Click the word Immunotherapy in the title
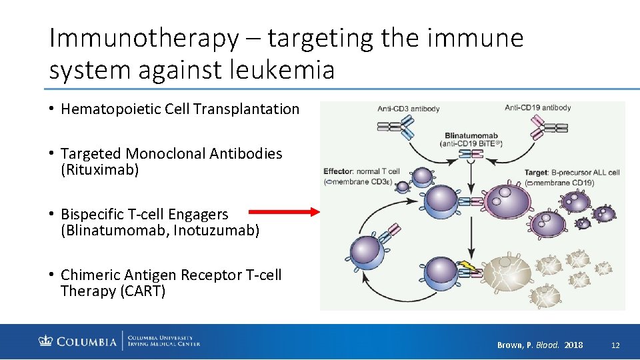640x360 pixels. (x=143, y=39)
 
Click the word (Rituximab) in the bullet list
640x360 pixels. (x=100, y=170)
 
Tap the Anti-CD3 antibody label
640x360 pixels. (x=408, y=109)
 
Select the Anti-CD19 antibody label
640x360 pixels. (x=537, y=107)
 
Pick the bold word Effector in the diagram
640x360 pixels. (x=338, y=171)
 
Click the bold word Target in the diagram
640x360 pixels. (x=535, y=173)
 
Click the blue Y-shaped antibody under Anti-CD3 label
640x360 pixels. (x=395, y=126)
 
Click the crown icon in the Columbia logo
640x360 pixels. (x=45, y=342)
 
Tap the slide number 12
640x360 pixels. (x=615, y=345)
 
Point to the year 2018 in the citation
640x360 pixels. (x=573, y=345)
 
